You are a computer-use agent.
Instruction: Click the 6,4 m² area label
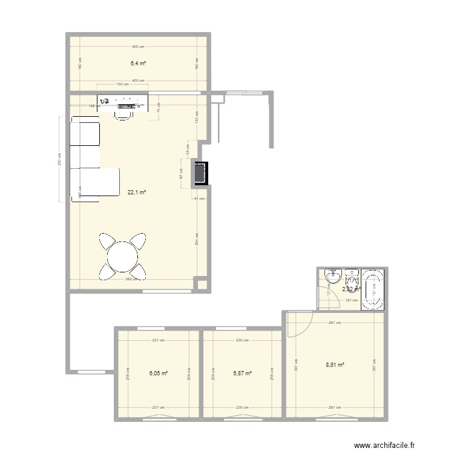pyautogui.click(x=139, y=62)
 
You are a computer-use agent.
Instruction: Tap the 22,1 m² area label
pyautogui.click(x=136, y=192)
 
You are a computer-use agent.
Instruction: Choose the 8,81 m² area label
pyautogui.click(x=335, y=365)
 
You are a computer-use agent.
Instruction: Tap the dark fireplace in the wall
pyautogui.click(x=200, y=174)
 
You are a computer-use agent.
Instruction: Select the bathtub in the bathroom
pyautogui.click(x=372, y=289)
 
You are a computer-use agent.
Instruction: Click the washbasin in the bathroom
pyautogui.click(x=333, y=277)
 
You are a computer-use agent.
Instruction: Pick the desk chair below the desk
pyautogui.click(x=125, y=113)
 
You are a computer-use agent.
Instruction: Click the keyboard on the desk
pyautogui.click(x=125, y=105)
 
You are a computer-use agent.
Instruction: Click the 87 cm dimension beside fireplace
pyautogui.click(x=182, y=173)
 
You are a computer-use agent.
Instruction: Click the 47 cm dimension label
pyautogui.click(x=199, y=199)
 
